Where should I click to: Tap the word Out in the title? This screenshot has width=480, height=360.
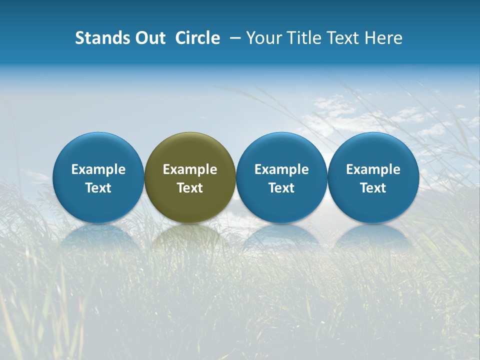coord(149,38)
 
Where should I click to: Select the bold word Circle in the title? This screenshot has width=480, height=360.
coord(197,38)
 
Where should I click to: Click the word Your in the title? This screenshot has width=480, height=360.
coord(264,38)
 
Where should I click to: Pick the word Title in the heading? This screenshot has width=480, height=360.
coord(303,38)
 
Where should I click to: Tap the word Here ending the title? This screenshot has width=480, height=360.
coord(384,38)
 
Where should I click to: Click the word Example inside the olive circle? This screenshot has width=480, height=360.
coord(190,169)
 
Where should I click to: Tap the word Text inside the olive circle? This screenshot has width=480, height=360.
coord(190,188)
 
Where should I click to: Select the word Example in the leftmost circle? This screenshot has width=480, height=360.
coord(98,169)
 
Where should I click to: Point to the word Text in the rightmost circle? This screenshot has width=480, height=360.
coord(373,188)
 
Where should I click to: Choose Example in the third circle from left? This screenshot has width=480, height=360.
coord(281,169)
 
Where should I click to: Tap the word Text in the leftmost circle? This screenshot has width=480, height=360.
coord(98,188)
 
